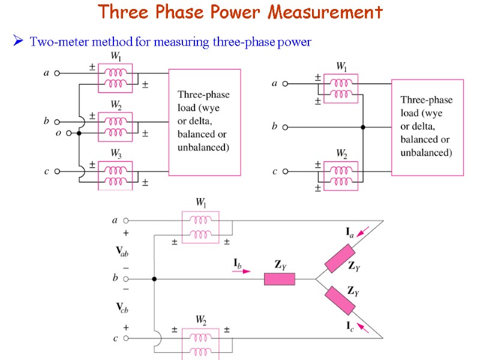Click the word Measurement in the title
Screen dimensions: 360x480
[325, 12]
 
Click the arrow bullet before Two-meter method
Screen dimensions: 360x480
[18, 41]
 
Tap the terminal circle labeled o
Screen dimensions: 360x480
[69, 133]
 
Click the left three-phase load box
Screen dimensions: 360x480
[204, 120]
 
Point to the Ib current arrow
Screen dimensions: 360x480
[242, 271]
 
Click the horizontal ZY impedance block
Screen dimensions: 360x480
[280, 279]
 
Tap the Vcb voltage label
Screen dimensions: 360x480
[122, 308]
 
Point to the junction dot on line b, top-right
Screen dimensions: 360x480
[363, 127]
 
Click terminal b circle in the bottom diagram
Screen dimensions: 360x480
[126, 279]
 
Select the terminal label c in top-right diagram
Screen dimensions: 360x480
[275, 172]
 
